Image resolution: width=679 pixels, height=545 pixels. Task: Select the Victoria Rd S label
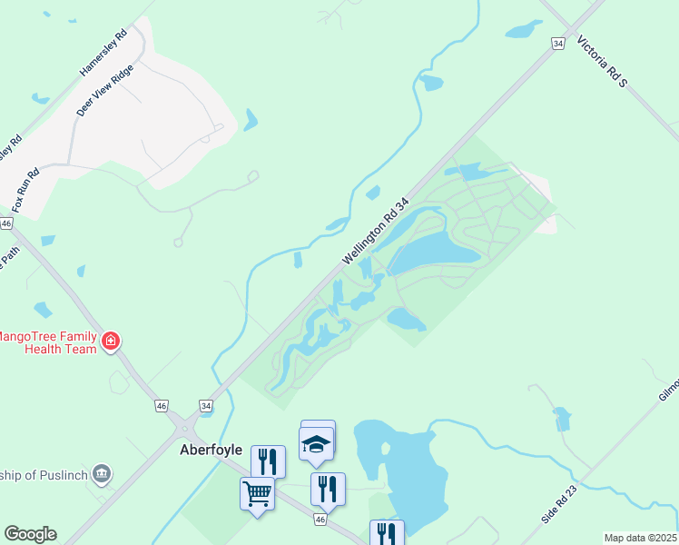603,63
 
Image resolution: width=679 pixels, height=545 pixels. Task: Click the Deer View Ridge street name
105,90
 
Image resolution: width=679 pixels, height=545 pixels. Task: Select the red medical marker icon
111,342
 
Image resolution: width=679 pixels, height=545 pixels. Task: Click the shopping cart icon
257,493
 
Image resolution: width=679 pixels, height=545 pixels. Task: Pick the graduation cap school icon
317,443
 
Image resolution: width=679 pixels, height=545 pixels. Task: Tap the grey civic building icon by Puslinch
102,472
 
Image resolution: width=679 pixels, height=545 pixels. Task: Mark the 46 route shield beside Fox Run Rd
6,223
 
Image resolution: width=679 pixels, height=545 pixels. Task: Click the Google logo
30,534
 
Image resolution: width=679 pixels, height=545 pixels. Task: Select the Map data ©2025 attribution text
641,538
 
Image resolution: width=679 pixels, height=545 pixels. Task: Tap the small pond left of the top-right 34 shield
523,29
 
